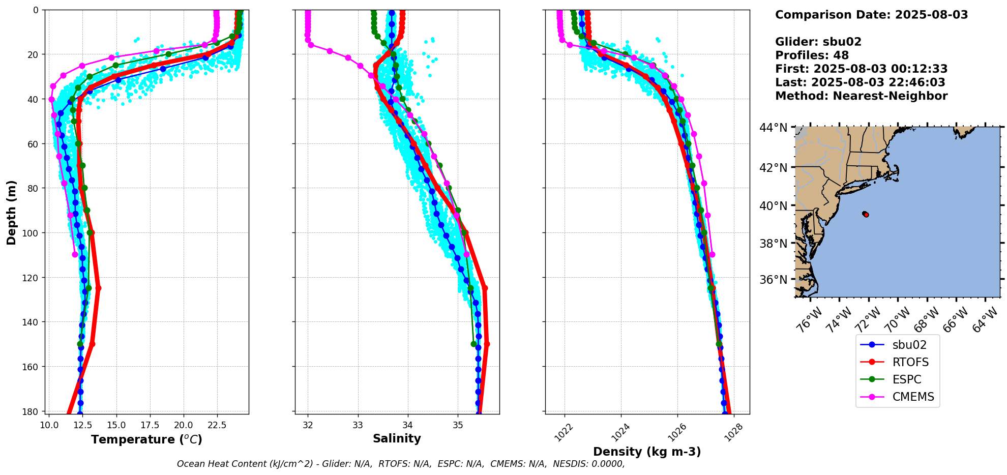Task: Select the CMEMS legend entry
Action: click(897, 397)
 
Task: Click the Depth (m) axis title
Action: click(11, 213)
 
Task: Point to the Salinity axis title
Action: click(397, 438)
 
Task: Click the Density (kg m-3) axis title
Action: click(647, 452)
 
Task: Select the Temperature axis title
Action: click(147, 439)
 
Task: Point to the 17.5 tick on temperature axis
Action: click(150, 425)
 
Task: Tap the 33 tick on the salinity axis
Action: click(358, 425)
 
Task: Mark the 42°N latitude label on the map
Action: click(774, 168)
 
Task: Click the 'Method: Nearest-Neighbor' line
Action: click(862, 96)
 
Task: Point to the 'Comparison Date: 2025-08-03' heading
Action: click(872, 15)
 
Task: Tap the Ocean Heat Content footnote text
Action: click(401, 464)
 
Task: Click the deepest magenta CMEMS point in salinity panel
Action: click(466, 254)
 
